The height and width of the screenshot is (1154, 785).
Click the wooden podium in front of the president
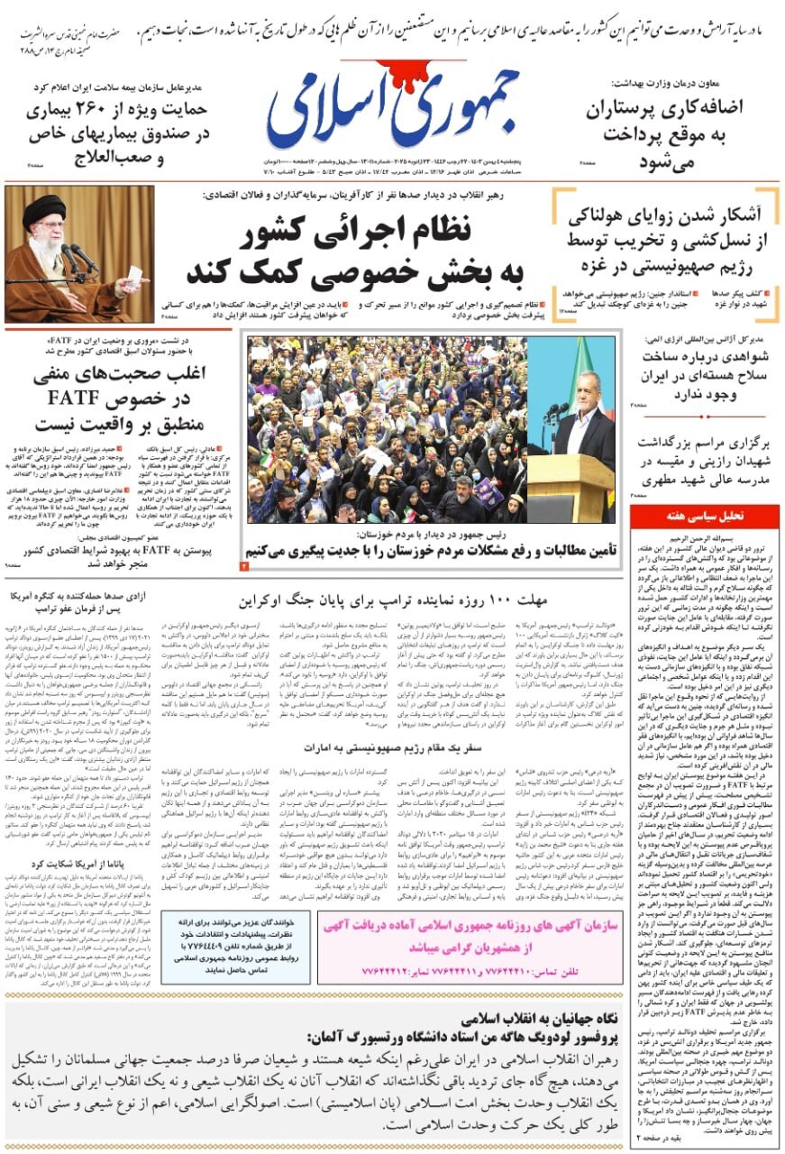pos(567,486)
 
